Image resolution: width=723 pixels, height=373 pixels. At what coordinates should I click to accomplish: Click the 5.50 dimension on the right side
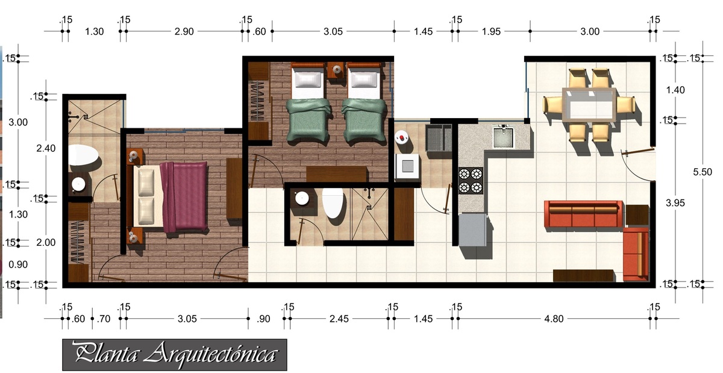coord(703,172)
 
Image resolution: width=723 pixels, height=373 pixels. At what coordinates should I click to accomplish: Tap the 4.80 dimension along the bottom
coord(554,319)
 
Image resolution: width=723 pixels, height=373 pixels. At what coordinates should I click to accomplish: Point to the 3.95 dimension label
coord(675,203)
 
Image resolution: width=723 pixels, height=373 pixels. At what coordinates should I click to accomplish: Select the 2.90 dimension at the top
coord(184,32)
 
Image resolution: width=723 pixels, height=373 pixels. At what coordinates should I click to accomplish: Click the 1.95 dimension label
coord(491,32)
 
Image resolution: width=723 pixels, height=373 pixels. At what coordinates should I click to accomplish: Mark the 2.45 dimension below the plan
coord(339,319)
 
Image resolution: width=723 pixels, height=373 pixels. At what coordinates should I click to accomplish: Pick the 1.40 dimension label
coord(675,90)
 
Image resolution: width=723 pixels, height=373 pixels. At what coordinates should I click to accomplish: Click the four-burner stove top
coord(471,181)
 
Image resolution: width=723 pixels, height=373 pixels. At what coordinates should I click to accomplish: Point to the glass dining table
coord(589,105)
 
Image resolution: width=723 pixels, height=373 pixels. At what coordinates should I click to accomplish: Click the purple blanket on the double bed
coord(184,197)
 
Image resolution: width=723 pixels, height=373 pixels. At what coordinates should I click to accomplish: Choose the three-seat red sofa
coord(584,214)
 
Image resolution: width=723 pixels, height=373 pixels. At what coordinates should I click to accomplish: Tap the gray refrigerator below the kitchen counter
coord(472,230)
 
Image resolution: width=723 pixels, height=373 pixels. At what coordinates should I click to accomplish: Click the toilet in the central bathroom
coord(333,203)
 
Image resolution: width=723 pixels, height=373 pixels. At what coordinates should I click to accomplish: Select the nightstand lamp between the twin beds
coord(337,69)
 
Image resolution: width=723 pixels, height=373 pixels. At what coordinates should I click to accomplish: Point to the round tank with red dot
coord(401,138)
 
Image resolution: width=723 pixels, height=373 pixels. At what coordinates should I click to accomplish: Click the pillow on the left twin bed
coord(308,80)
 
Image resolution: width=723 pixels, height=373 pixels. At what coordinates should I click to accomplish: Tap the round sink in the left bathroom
coord(78,184)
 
